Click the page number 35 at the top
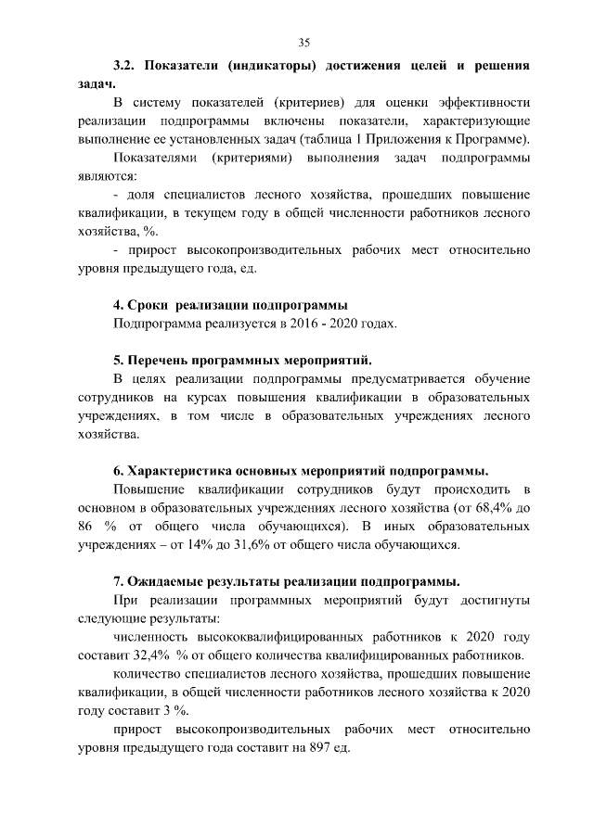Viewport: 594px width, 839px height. (303, 43)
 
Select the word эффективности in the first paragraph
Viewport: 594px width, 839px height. (483, 102)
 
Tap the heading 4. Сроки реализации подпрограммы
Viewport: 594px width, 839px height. (230, 305)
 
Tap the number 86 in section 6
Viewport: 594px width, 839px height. (86, 526)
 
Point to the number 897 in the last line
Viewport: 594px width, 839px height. (307, 747)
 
